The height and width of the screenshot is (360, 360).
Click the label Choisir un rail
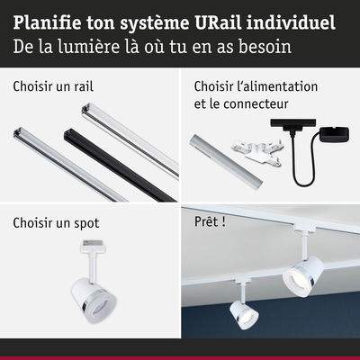pos(53,86)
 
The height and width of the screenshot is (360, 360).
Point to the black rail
pos(120,165)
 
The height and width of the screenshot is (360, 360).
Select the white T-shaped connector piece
pos(256,152)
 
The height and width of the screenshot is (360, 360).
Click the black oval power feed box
pos(335,134)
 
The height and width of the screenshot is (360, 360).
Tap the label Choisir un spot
pos(56,223)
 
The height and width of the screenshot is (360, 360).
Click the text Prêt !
pos(210,221)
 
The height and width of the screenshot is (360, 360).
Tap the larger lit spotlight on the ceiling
pos(302,275)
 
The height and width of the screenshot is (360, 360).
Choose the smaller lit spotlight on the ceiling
pos(244,313)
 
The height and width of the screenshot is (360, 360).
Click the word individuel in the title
pos(291,22)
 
